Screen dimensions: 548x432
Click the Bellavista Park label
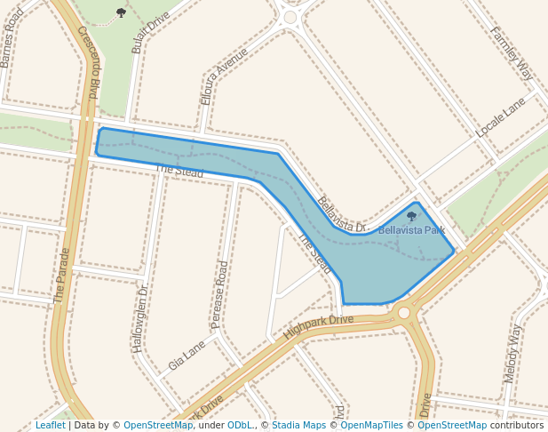[x=411, y=230]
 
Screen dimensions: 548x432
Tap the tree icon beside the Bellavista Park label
[x=411, y=216]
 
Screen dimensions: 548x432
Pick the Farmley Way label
[x=511, y=52]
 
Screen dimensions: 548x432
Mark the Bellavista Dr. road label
[x=342, y=215]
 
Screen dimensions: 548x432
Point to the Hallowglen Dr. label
[x=141, y=319]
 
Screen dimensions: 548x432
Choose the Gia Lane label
[x=187, y=356]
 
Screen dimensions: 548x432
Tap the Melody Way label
[x=512, y=354]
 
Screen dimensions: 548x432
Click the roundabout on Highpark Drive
[x=404, y=313]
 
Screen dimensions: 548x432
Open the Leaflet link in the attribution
[x=50, y=425]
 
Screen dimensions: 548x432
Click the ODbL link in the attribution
[x=240, y=425]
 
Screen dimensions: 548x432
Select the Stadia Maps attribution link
[x=298, y=425]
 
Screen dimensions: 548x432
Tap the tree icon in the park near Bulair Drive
[x=121, y=12]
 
